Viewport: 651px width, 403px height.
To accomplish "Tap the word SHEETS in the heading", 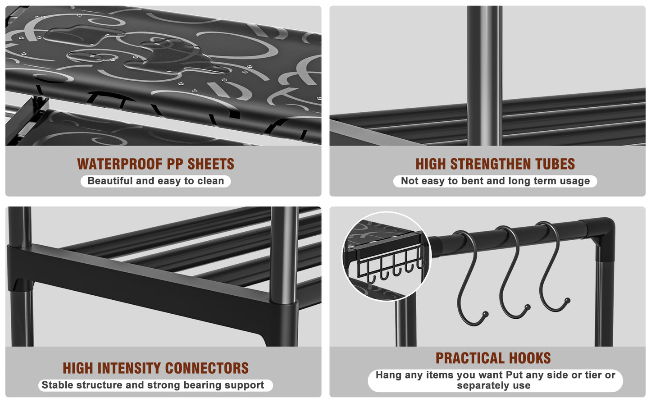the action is pos(211,164).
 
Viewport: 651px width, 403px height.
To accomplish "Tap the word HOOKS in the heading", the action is pos(530,358).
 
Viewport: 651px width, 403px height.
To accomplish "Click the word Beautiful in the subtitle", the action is pos(110,181).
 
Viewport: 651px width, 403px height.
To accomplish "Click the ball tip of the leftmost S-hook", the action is pos(485,314).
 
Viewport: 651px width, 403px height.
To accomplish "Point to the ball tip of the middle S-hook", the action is pos(528,307).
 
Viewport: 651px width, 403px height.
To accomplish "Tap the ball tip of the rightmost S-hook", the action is pos(567,301).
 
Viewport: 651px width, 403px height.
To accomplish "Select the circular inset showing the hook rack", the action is pos(386,256).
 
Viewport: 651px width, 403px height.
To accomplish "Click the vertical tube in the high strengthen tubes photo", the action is pos(484,76).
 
